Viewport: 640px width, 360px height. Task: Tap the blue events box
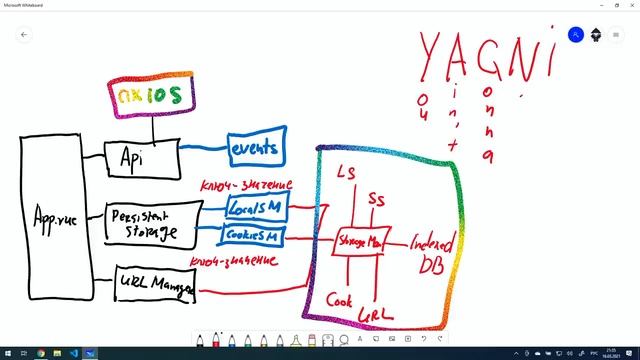click(256, 149)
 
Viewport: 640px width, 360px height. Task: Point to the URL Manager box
click(155, 284)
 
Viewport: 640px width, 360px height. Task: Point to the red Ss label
click(377, 200)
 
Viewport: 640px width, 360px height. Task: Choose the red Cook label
click(338, 299)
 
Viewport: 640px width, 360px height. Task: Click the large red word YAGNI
click(483, 58)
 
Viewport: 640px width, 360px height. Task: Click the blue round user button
click(576, 34)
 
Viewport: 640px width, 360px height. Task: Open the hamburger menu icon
click(616, 34)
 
